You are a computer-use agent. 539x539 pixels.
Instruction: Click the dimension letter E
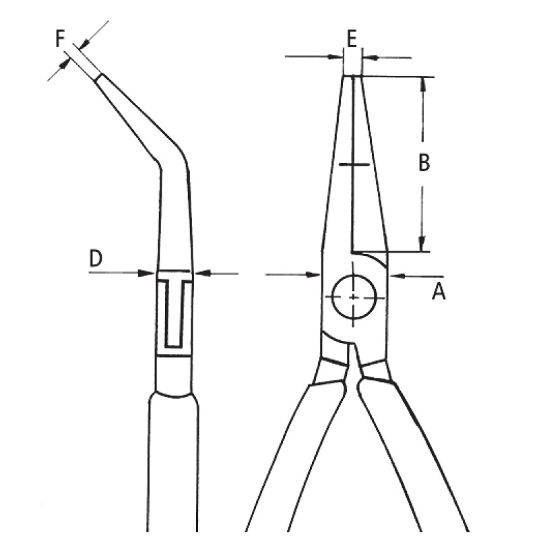tap(351, 39)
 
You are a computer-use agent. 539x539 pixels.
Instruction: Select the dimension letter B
tap(423, 163)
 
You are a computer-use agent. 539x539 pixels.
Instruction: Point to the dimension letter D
tap(96, 257)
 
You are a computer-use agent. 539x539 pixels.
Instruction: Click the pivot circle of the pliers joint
tap(354, 297)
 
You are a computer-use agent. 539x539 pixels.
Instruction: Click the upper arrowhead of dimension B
tap(422, 84)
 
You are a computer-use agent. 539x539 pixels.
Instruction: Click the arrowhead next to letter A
tap(396, 275)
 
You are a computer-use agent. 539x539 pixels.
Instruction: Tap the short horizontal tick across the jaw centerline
tap(353, 164)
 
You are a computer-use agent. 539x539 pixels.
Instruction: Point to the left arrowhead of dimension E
tap(338, 57)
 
